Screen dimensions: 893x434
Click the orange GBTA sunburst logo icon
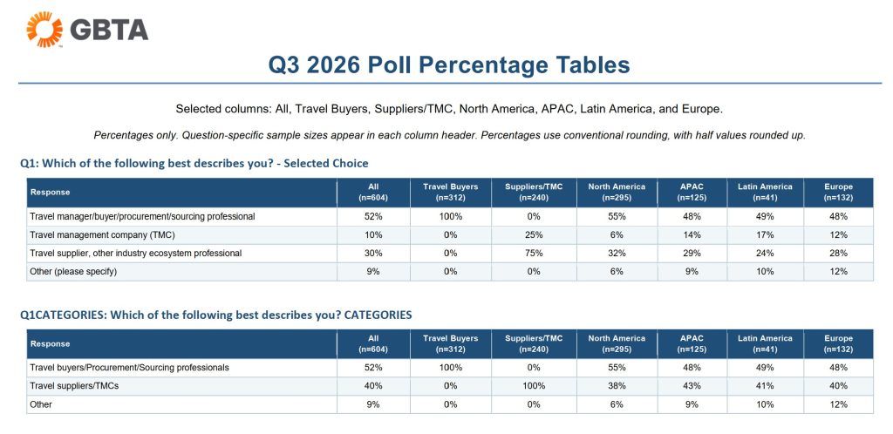[x=44, y=29]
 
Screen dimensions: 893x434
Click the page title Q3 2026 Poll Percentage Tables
[x=449, y=64]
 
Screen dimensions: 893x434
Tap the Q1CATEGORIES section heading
[x=216, y=315]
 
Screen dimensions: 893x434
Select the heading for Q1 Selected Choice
[x=194, y=163]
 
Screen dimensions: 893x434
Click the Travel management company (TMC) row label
[x=102, y=235]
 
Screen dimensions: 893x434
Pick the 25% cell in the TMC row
[x=534, y=235]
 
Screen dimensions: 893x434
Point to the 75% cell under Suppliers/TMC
[x=534, y=253]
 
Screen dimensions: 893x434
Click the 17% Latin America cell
[x=765, y=235]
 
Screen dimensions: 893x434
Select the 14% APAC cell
[x=692, y=235]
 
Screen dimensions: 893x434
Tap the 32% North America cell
[x=617, y=253]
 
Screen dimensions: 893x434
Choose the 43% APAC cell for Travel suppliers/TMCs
[x=692, y=386]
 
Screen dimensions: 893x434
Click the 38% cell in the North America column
[x=617, y=386]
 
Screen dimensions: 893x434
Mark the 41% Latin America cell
[x=765, y=386]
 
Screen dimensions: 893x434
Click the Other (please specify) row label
[x=73, y=271]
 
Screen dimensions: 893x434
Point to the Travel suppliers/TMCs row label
[x=74, y=386]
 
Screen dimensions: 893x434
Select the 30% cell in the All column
[x=373, y=253]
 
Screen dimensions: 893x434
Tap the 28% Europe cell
[x=838, y=253]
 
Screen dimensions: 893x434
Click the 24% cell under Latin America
[x=765, y=253]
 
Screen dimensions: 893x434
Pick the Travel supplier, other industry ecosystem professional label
[x=135, y=253]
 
